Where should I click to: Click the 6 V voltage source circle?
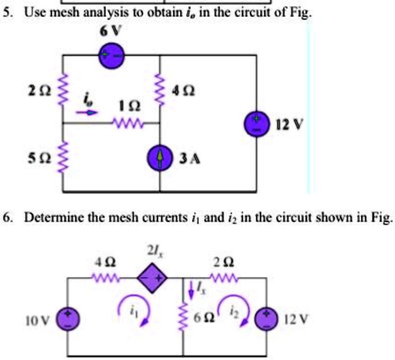tap(112, 55)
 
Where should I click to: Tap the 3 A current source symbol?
tap(161, 158)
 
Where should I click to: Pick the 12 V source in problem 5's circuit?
tap(256, 125)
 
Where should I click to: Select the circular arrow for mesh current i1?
tap(128, 307)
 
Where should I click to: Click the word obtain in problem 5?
tap(152, 12)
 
